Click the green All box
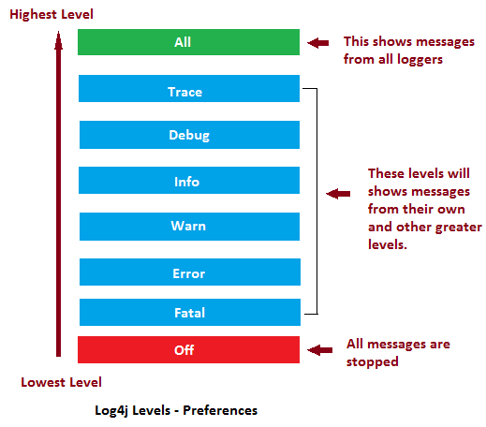coord(188,42)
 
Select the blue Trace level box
coord(188,91)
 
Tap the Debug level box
coord(188,135)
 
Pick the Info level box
coord(188,181)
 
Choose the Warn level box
coord(188,226)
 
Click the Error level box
coord(188,272)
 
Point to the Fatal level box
coord(188,313)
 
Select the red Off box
coord(188,349)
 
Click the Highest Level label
coord(52,15)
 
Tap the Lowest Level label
coord(62,382)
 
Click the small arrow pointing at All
coord(319,42)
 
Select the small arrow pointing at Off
coord(319,349)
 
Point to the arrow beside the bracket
coord(336,194)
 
